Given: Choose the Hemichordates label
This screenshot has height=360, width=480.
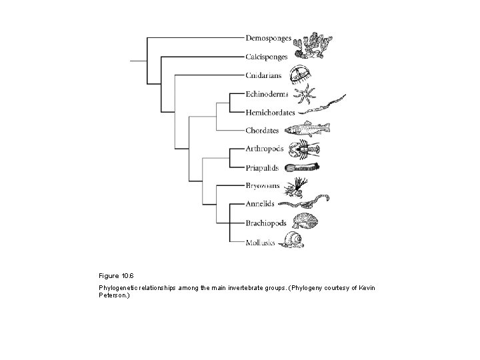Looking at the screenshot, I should (271, 112).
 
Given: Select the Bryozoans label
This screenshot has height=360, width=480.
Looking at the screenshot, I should (263, 185).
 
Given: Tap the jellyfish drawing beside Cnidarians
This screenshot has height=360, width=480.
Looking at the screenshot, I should (299, 73).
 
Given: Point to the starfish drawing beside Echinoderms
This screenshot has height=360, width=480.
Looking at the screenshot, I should (309, 95).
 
